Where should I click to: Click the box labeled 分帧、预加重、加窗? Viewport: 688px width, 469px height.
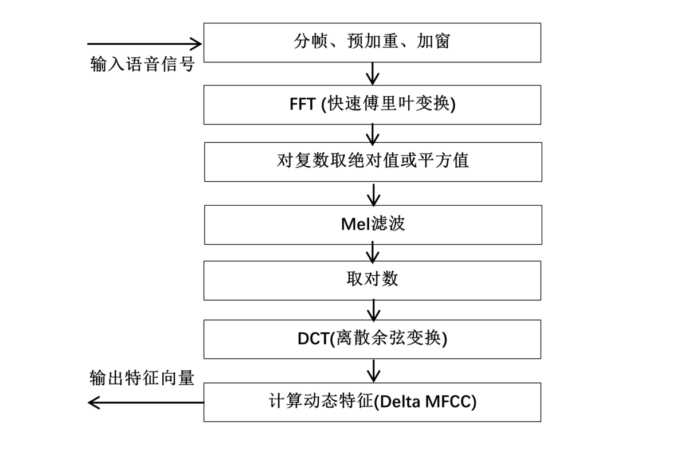pyautogui.click(x=372, y=42)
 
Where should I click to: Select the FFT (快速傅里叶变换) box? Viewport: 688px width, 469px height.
pyautogui.click(x=372, y=104)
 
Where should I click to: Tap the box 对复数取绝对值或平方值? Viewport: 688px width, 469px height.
pyautogui.click(x=373, y=161)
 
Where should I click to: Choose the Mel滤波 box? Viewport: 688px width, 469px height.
pyautogui.click(x=373, y=224)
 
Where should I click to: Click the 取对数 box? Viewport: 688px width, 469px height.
pyautogui.click(x=372, y=280)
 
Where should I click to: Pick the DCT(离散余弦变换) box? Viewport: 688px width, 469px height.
pyautogui.click(x=372, y=339)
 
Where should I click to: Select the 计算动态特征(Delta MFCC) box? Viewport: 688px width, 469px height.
pyautogui.click(x=372, y=402)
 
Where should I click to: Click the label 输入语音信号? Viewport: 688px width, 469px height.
pyautogui.click(x=142, y=64)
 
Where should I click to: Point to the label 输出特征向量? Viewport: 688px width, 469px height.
pyautogui.click(x=142, y=378)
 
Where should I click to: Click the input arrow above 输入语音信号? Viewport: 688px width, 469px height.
pyautogui.click(x=144, y=44)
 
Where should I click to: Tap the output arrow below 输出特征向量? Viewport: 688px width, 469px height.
pyautogui.click(x=146, y=402)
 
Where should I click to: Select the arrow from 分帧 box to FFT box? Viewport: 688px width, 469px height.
pyautogui.click(x=373, y=73)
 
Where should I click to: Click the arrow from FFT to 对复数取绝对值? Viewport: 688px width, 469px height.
pyautogui.click(x=373, y=134)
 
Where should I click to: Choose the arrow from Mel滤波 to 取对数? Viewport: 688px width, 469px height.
pyautogui.click(x=373, y=252)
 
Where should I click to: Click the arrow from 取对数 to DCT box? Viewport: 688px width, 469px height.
pyautogui.click(x=373, y=310)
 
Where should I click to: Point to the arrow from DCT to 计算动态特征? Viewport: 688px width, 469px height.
pyautogui.click(x=373, y=370)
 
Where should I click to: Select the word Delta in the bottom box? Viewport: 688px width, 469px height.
pyautogui.click(x=399, y=402)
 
